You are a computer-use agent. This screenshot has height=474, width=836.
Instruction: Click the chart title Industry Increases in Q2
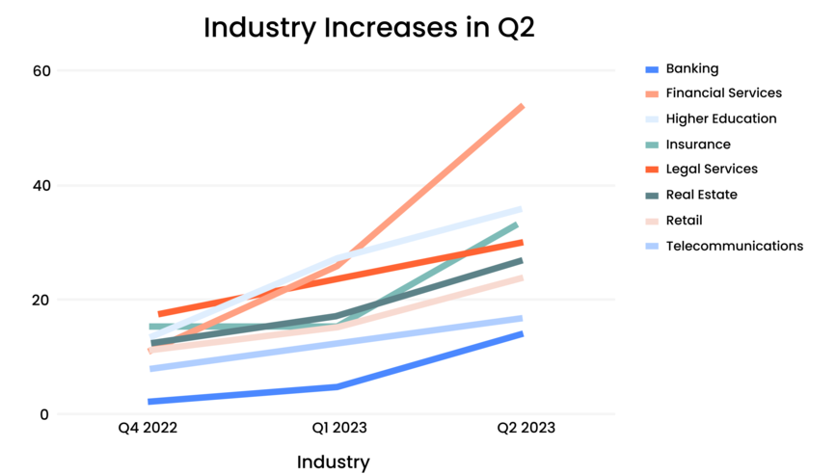tap(368, 28)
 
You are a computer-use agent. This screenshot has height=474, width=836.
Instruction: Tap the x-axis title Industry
tap(333, 461)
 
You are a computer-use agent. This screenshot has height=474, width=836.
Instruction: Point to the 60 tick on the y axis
tap(41, 70)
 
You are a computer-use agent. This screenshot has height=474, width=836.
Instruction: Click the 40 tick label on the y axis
tap(41, 185)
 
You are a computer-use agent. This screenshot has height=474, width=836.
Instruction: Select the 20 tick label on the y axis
tap(41, 300)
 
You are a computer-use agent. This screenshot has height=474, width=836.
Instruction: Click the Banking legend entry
tap(691, 68)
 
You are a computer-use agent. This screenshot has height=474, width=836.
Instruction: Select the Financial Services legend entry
tap(723, 93)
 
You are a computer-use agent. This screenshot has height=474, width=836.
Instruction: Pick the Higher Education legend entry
tap(720, 119)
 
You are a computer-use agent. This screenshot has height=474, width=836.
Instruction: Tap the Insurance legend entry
tap(698, 145)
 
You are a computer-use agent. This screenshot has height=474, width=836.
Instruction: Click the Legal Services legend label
tap(712, 170)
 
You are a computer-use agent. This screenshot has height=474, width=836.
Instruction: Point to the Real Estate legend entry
tap(702, 195)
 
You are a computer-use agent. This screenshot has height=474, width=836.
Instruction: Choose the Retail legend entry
tap(684, 221)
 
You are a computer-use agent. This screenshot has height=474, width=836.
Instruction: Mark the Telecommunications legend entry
tap(734, 246)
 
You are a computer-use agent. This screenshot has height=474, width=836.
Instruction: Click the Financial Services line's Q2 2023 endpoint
tap(522, 106)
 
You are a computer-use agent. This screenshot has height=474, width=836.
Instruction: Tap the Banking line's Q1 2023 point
tap(336, 387)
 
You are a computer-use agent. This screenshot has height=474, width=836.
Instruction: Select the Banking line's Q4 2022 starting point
tap(151, 402)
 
